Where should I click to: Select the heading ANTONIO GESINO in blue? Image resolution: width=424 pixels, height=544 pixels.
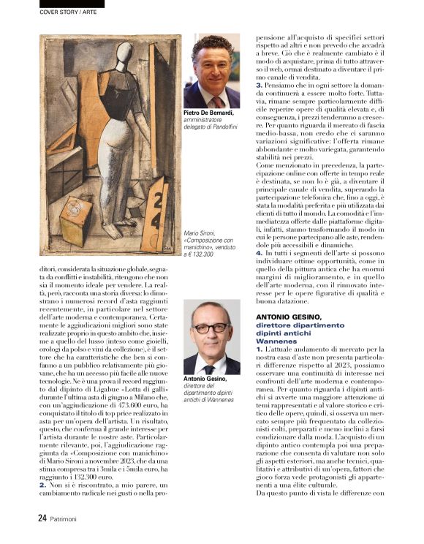[x=288, y=316]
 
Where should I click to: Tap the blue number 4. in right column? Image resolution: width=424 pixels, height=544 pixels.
[x=260, y=253]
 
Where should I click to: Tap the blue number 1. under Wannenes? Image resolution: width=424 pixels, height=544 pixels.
[x=260, y=350]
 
